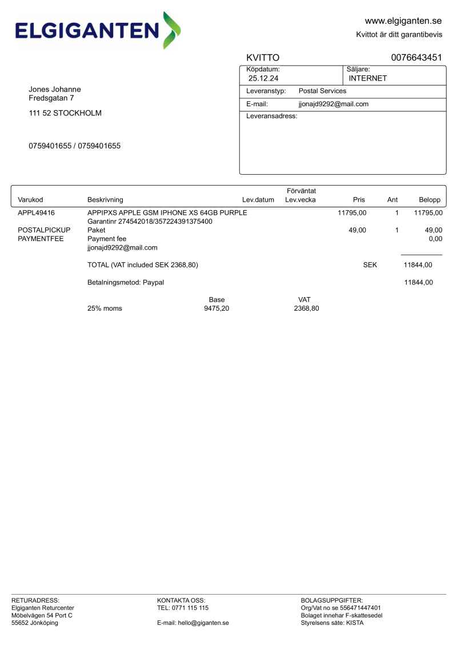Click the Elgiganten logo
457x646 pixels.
pos(98,30)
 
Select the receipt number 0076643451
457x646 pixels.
pos(416,58)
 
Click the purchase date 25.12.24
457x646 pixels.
pos(263,78)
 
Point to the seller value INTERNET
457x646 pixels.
pos(368,78)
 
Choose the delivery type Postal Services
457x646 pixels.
pos(322,91)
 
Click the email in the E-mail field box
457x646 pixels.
pos(334,105)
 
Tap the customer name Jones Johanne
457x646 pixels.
pos(55,89)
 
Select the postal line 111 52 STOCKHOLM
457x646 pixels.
pos(65,113)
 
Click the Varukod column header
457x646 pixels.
pos(31,200)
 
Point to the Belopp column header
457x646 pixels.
pos(430,200)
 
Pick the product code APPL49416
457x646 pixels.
pos(37,213)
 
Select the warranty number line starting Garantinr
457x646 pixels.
pos(150,222)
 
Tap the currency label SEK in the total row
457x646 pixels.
pos(370,265)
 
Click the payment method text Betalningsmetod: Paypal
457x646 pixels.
pos(126,283)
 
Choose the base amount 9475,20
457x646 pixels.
pos(217,309)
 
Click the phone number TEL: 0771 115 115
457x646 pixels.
pos(183,608)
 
